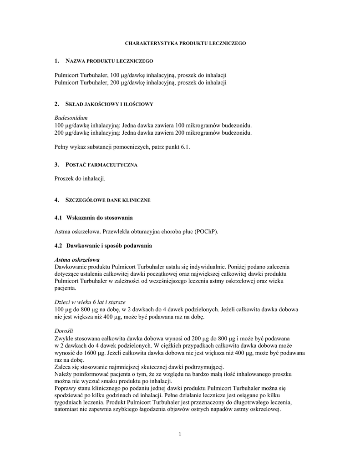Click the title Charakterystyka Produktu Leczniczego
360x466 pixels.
[x=185, y=43]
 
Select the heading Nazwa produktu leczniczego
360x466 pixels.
[x=110, y=61]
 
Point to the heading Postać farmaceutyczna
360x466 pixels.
[x=101, y=165]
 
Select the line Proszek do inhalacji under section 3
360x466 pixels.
[x=80, y=178]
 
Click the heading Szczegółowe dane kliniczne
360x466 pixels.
[x=108, y=200]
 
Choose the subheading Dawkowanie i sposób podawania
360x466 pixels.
[x=109, y=246]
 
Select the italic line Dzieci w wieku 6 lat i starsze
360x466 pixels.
[x=90, y=302]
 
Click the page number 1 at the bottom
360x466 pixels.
[x=180, y=434]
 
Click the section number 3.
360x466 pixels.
[x=56, y=165]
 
